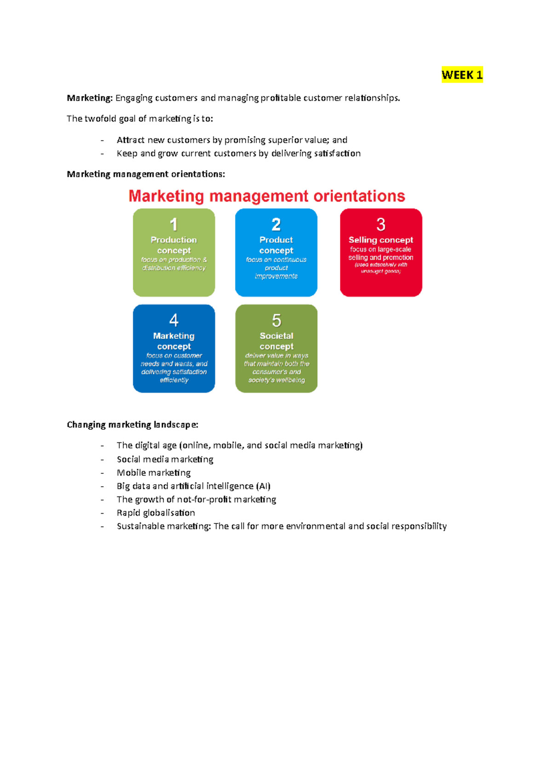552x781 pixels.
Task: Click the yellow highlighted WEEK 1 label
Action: coord(462,75)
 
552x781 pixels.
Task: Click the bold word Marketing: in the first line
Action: coord(90,98)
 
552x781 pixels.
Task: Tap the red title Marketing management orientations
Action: coord(267,196)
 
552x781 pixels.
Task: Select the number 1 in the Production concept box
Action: coord(173,224)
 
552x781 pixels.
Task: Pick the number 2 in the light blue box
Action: coord(276,224)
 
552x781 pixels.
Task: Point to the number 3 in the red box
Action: coord(381,224)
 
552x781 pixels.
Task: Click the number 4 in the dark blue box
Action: coord(174,320)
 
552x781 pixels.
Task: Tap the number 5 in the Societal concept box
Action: coord(276,320)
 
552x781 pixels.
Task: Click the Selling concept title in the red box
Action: coord(381,240)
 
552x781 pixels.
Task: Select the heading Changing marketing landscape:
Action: coord(132,425)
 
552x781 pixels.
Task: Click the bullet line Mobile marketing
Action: coord(154,472)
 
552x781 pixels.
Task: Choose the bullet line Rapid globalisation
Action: coord(156,512)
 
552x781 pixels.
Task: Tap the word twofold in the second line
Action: coord(101,119)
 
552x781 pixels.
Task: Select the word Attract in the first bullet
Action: coord(131,140)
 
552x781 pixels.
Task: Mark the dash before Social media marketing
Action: coord(102,459)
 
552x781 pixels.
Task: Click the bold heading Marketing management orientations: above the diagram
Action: coord(146,174)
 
